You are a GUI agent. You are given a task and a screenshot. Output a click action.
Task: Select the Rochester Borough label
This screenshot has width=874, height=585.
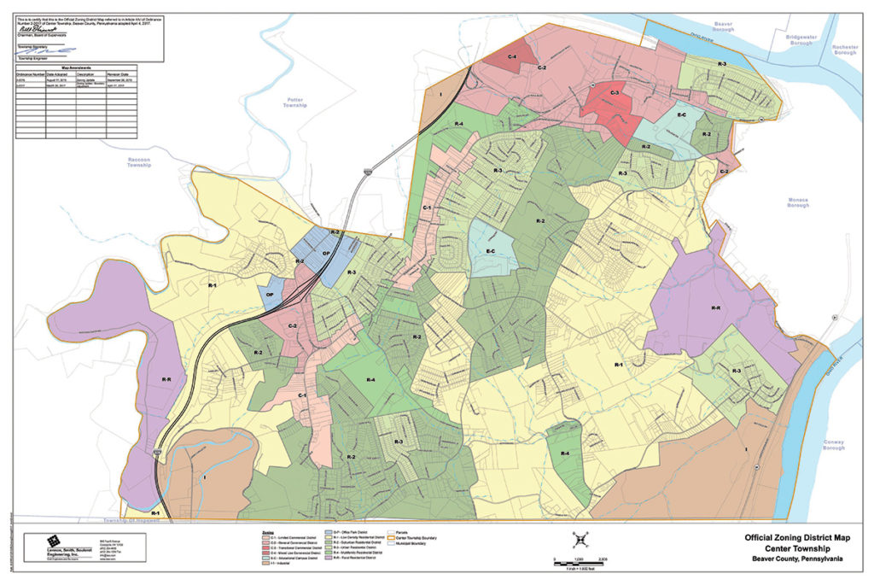click(845, 50)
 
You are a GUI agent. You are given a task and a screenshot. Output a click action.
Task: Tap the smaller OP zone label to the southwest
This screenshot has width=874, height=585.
click(270, 295)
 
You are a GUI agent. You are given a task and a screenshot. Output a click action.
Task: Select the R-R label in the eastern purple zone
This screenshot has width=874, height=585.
click(716, 308)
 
